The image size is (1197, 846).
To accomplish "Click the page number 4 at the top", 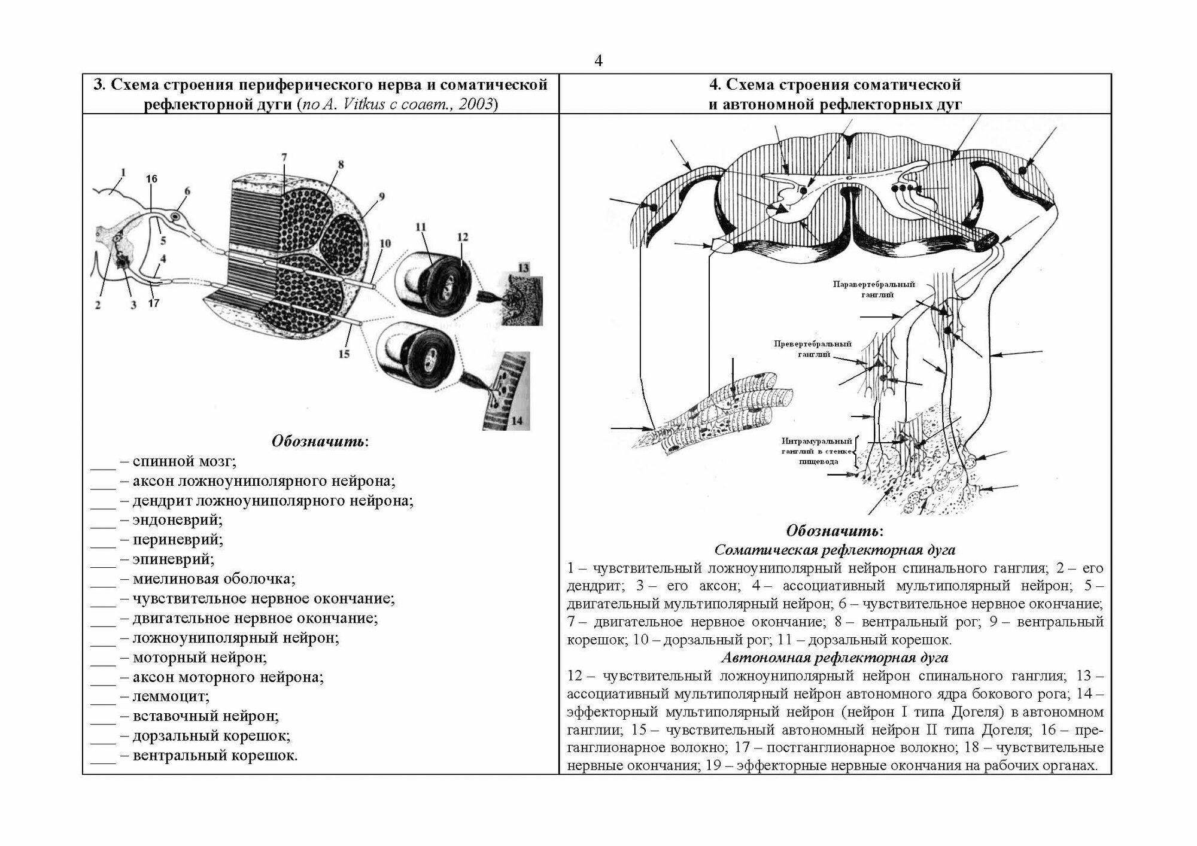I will pyautogui.click(x=598, y=61).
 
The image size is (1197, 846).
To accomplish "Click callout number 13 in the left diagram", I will pyautogui.click(x=524, y=268).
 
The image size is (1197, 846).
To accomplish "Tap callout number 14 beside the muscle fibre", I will pyautogui.click(x=517, y=421).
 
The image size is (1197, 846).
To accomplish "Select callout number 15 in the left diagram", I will pyautogui.click(x=344, y=354).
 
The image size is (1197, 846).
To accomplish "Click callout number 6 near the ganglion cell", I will pyautogui.click(x=187, y=191).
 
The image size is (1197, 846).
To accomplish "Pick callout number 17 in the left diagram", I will pyautogui.click(x=154, y=303).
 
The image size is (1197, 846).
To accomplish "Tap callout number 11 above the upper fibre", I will pyautogui.click(x=420, y=227).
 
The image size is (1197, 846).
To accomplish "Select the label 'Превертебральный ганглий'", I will pyautogui.click(x=812, y=349).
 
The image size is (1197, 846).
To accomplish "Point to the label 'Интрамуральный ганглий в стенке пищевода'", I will pyautogui.click(x=816, y=451).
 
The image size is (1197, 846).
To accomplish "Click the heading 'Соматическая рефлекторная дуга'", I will pyautogui.click(x=835, y=549).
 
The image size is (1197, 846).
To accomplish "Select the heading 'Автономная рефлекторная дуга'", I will pyautogui.click(x=835, y=658).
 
